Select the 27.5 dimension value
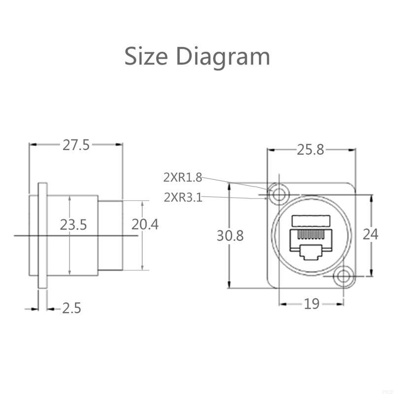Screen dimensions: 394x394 pyautogui.click(x=76, y=145)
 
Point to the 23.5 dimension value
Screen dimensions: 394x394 pyautogui.click(x=73, y=225)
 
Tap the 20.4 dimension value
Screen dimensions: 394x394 pyautogui.click(x=145, y=225)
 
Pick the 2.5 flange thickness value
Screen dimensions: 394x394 pyautogui.click(x=71, y=309)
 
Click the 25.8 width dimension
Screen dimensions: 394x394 pyautogui.click(x=310, y=150)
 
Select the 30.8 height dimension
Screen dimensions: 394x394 pyautogui.click(x=230, y=236)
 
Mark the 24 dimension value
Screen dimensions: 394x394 pyautogui.click(x=370, y=234)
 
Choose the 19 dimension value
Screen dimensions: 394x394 pyautogui.click(x=311, y=304)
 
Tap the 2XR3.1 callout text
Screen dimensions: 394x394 pyautogui.click(x=183, y=197)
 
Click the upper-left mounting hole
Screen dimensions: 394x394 pyautogui.click(x=279, y=194)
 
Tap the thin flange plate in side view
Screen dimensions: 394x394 pyautogui.click(x=43, y=235)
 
